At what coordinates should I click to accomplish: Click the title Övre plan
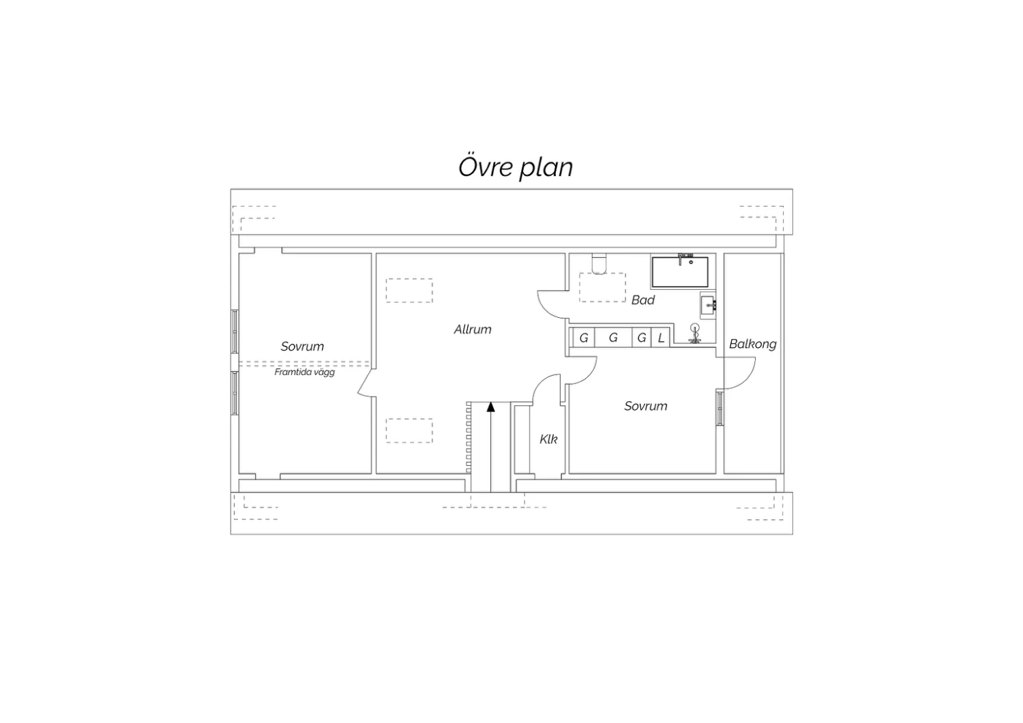pyautogui.click(x=516, y=167)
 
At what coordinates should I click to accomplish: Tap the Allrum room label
pyautogui.click(x=473, y=329)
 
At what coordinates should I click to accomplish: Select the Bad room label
pyautogui.click(x=643, y=300)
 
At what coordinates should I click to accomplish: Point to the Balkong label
pyautogui.click(x=753, y=344)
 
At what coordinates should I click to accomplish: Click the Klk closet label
pyautogui.click(x=548, y=439)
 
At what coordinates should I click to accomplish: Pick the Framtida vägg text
pyautogui.click(x=305, y=372)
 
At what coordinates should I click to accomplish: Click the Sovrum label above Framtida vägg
pyautogui.click(x=302, y=346)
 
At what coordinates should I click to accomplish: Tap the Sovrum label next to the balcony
pyautogui.click(x=646, y=406)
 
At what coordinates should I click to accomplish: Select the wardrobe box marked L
pyautogui.click(x=660, y=338)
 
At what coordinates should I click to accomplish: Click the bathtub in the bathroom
pyautogui.click(x=680, y=272)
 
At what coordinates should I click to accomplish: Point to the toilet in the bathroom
pyautogui.click(x=599, y=264)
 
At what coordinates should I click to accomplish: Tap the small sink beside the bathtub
pyautogui.click(x=709, y=306)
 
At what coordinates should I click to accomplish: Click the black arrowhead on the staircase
pyautogui.click(x=491, y=407)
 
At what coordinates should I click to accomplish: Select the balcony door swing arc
pyautogui.click(x=747, y=379)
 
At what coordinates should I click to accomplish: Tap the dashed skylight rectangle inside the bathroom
pyautogui.click(x=602, y=287)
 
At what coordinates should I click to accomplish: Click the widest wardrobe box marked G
pyautogui.click(x=613, y=338)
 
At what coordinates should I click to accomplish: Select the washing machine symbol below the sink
pyautogui.click(x=695, y=334)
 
